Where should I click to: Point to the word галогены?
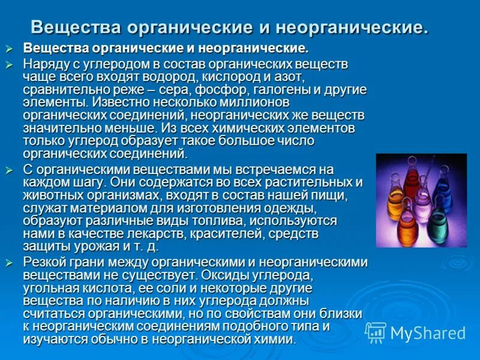(278, 90)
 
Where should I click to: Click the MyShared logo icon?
(376, 333)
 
